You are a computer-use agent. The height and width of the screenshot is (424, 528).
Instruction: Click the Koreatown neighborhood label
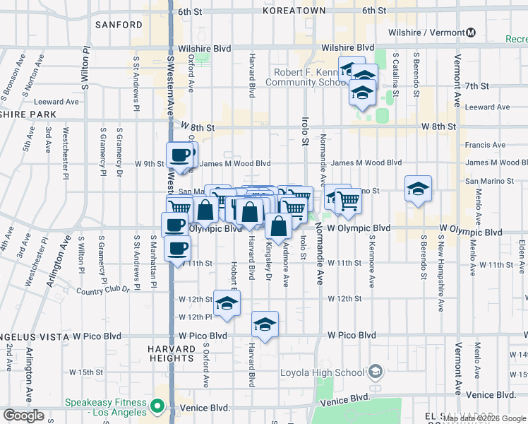coord(294,11)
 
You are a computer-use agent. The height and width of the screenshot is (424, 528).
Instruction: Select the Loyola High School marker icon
coord(376,372)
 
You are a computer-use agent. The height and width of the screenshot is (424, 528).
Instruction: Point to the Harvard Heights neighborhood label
coord(172,354)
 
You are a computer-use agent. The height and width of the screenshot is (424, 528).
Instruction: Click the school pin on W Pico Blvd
coord(265,324)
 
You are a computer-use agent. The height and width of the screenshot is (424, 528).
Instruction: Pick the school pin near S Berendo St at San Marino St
coord(418,188)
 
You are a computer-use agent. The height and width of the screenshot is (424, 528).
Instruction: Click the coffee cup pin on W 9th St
coord(179,154)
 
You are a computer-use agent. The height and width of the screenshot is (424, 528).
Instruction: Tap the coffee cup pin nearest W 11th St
coord(177,248)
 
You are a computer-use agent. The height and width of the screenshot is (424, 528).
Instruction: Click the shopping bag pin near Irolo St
coord(280,226)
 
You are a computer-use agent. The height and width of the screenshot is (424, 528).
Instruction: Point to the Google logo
coord(23,416)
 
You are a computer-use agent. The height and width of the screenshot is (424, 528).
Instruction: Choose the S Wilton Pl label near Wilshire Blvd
coord(85,70)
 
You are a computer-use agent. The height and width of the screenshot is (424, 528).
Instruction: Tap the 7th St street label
coord(477,86)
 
